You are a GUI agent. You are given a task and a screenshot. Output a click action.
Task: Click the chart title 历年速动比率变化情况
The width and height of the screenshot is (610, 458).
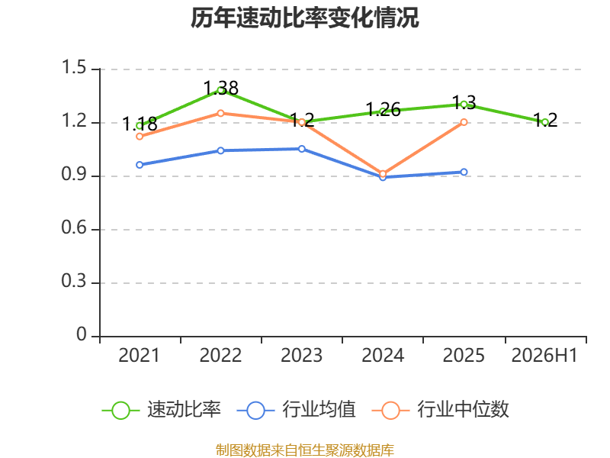tap(304, 18)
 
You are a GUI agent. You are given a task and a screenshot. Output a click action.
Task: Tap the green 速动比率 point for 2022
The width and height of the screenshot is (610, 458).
tap(220, 90)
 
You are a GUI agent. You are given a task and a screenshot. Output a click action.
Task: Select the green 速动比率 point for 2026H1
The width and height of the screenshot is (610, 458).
tap(545, 122)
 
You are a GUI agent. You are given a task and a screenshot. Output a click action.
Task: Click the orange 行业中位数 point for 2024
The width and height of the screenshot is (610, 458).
tap(383, 174)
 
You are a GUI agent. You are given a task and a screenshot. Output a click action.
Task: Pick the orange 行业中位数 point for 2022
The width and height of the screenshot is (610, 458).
tap(220, 113)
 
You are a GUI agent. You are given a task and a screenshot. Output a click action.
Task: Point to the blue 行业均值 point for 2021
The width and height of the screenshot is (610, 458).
tap(140, 165)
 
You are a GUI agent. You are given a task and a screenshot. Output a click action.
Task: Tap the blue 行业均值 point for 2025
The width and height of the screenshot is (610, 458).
tap(464, 173)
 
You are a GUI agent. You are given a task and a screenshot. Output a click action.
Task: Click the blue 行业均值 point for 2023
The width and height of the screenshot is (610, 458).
tap(302, 149)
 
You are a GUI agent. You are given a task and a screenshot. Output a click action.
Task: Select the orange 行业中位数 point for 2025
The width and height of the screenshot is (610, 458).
tap(464, 122)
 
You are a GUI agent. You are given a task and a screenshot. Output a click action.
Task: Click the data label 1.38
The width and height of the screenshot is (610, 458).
tap(221, 88)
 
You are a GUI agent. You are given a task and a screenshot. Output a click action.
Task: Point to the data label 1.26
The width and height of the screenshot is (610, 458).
tap(384, 109)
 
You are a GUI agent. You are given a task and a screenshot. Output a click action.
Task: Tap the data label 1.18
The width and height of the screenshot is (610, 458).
tap(140, 124)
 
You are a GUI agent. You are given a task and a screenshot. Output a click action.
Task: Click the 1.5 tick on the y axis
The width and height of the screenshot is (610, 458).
tap(74, 67)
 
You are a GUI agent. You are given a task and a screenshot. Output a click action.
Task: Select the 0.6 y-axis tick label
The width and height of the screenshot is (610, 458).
tap(74, 227)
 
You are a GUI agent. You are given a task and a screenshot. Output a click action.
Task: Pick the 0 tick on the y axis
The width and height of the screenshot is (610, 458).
tap(82, 334)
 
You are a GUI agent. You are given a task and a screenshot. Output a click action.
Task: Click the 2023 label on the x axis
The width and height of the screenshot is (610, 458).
tap(301, 355)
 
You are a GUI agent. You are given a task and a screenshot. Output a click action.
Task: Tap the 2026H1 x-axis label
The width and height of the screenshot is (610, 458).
tap(544, 355)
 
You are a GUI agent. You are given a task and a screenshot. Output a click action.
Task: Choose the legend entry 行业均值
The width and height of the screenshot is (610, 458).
tap(296, 410)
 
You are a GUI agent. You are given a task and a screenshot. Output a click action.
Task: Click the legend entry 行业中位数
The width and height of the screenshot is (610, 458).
tap(441, 410)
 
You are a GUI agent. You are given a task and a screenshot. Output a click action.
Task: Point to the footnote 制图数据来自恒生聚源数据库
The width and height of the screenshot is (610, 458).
tap(305, 450)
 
